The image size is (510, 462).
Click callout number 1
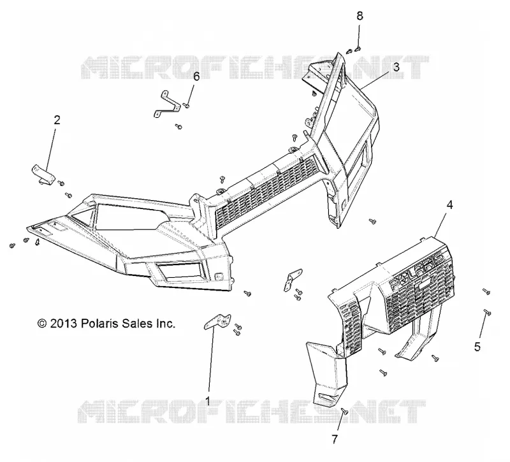click(207, 401)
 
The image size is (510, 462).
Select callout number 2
click(57, 120)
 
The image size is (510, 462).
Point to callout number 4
click(450, 205)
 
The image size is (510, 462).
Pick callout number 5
click(477, 347)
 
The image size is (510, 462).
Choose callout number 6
click(196, 76)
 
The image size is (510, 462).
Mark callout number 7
click(335, 439)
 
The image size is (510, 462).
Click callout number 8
click(360, 15)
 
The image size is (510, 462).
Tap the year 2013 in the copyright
click(63, 323)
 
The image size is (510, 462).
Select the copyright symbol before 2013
click(42, 324)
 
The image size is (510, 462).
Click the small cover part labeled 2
click(43, 174)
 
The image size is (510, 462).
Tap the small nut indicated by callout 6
click(187, 105)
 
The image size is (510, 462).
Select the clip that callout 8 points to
click(358, 49)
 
